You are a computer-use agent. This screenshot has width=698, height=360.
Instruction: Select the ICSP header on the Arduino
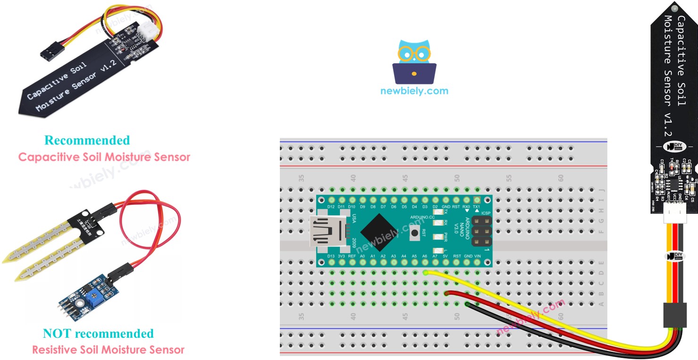[x=481, y=231]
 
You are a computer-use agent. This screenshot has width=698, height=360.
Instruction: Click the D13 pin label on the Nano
[x=331, y=256]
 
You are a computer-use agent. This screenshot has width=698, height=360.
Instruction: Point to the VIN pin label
[x=478, y=256]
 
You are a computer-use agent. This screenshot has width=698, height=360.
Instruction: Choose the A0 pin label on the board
[x=362, y=256]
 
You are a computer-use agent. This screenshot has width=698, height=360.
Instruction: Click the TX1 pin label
[x=477, y=207]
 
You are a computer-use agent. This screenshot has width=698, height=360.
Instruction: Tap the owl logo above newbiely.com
[x=414, y=62]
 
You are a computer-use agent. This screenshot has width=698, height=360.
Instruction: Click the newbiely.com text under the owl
[x=414, y=91]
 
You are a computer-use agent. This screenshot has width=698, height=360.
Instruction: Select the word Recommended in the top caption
[x=87, y=140]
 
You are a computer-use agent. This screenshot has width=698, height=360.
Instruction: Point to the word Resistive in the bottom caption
[x=51, y=350]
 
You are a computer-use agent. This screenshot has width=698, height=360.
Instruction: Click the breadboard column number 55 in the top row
[x=508, y=178]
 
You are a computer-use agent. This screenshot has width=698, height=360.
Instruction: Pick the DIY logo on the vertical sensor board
[x=674, y=147]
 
